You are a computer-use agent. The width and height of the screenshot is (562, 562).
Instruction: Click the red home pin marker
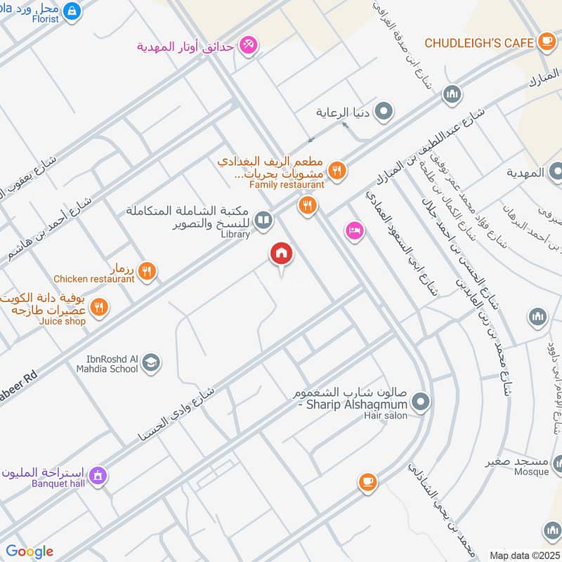point(281,254)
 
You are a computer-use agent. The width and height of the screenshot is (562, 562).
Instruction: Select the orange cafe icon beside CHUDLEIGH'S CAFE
point(547,42)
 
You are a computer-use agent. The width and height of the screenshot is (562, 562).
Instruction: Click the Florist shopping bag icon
point(71,10)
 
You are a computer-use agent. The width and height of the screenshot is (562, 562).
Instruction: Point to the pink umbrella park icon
point(247,46)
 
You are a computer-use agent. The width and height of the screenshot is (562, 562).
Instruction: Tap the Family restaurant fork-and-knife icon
point(337,169)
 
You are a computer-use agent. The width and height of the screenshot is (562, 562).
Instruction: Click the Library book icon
point(263,221)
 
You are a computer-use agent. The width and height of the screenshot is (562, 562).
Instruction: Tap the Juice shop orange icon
point(99,307)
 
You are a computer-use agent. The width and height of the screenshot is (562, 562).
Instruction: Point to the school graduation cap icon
point(150,363)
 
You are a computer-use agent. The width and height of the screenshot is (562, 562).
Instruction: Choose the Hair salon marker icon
point(421,402)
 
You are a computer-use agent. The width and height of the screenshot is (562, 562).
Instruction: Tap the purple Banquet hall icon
point(99,476)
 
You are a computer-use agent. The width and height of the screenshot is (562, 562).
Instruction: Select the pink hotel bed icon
point(354,230)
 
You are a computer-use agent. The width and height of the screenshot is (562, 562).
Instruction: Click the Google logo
point(30,551)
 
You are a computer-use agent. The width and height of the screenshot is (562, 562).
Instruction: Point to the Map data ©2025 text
point(523,555)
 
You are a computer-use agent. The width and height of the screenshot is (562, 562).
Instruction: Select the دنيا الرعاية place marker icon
point(384,111)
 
